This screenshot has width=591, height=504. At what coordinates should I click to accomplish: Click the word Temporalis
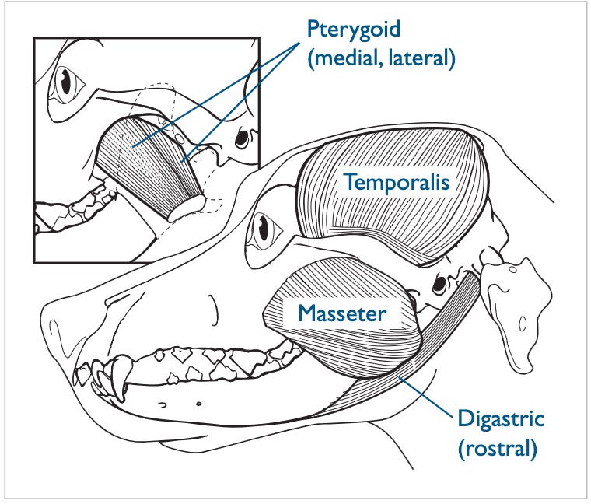pos(397,184)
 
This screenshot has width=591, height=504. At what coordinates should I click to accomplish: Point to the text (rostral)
pos(498,449)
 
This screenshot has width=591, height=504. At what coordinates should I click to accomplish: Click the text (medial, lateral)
pos(381,59)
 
